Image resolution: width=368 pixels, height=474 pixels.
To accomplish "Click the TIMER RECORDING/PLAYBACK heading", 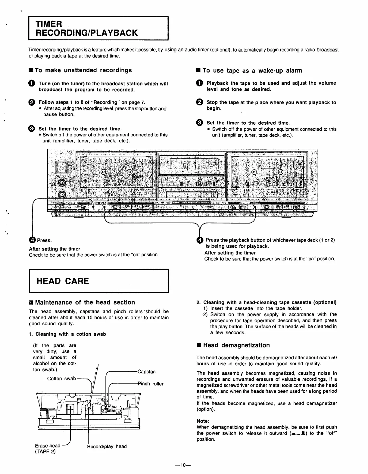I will (87, 28).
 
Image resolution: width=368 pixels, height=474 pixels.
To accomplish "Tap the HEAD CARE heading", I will (63, 281).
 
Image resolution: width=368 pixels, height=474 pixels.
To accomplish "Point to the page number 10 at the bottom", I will (183, 465).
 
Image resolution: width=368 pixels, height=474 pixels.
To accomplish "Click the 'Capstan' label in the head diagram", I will (147, 372).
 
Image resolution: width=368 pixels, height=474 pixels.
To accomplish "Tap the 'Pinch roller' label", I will (151, 384).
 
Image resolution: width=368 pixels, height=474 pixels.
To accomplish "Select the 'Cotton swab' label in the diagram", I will (61, 379).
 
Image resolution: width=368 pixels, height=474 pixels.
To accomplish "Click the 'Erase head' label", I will (48, 445).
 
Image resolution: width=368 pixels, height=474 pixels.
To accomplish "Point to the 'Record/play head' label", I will (107, 446).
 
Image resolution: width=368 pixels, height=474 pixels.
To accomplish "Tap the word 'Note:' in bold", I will (203, 421).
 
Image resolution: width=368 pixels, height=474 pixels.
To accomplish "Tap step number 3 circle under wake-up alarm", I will (200, 123).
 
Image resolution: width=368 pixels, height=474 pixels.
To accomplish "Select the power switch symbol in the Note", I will (298, 433).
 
